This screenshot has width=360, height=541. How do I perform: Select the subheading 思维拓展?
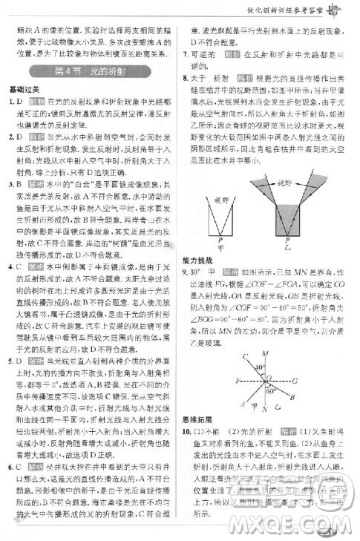coord(200,420)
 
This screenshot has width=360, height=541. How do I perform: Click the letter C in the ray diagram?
coord(246,357)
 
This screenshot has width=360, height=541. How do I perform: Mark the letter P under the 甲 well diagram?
coord(220,241)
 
